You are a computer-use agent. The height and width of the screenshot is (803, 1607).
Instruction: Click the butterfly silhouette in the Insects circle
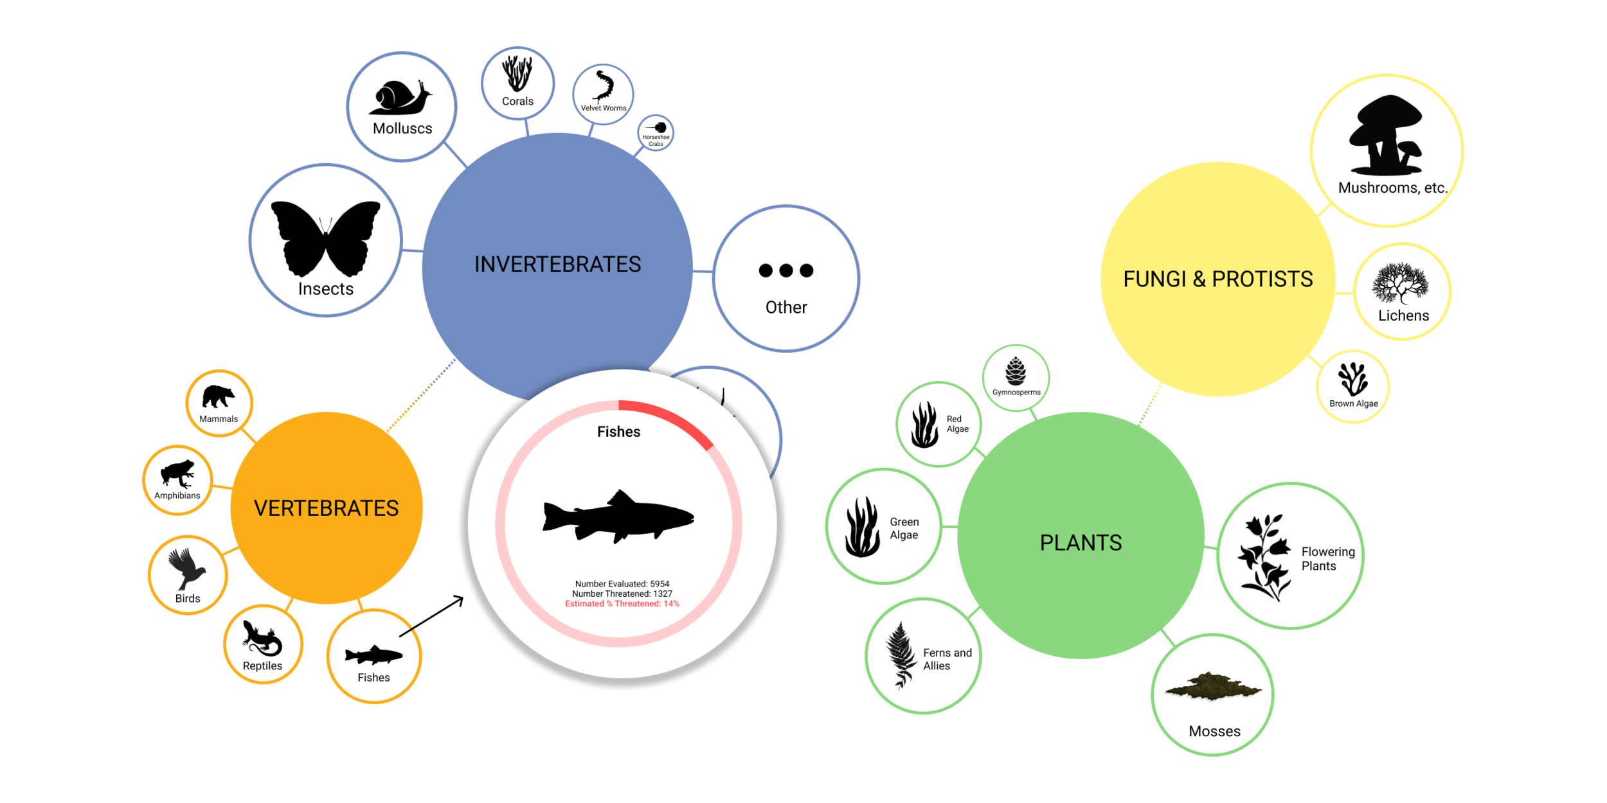325,238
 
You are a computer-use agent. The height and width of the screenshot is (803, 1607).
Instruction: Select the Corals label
517,101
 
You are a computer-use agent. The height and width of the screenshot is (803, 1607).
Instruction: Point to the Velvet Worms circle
603,94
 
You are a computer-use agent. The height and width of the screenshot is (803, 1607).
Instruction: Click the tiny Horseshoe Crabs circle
656,133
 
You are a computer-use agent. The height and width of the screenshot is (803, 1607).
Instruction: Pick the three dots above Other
786,270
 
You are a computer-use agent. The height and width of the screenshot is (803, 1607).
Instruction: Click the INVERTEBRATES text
557,264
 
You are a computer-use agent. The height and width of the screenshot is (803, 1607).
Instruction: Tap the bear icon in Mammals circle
218,396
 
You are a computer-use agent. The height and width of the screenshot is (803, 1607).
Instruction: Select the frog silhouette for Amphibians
177,473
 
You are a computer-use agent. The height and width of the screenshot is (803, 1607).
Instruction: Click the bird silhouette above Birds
186,568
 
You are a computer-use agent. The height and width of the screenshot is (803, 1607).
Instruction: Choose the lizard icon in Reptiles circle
262,639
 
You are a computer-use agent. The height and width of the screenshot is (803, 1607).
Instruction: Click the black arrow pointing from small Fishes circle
431,617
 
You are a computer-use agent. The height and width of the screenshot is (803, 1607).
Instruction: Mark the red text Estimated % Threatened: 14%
622,604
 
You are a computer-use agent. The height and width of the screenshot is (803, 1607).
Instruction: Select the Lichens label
1403,315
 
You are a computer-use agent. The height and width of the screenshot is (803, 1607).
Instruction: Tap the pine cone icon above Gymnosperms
1016,371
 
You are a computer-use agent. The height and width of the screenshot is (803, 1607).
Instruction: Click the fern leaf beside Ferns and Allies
901,655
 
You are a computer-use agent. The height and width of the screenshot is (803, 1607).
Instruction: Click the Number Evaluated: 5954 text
622,584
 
